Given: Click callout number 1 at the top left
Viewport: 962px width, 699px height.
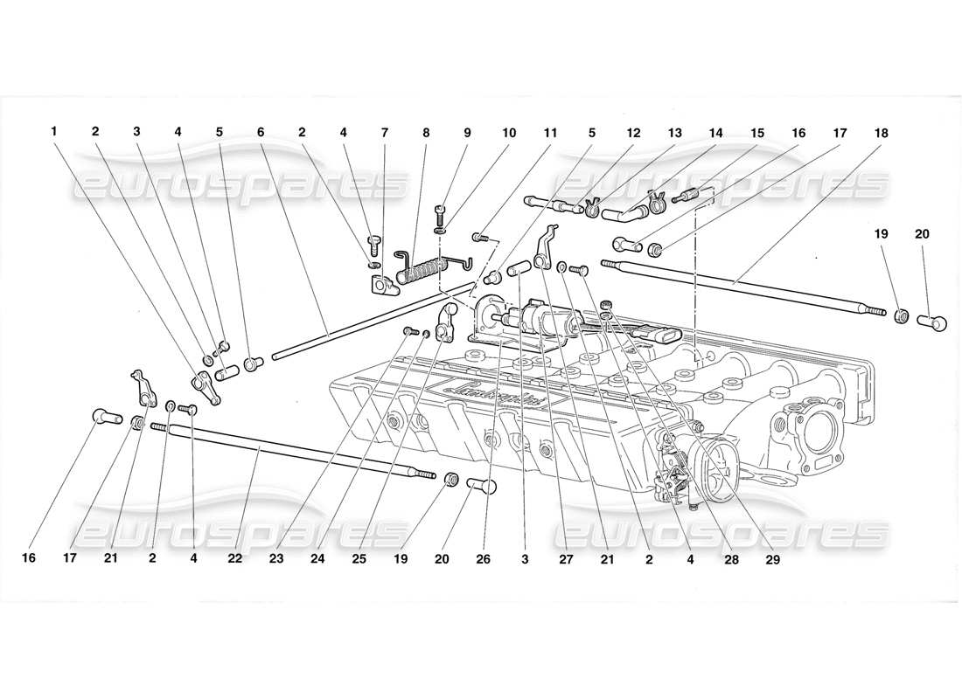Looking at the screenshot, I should pos(54,133).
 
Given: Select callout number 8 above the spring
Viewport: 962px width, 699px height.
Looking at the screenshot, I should pos(426,133).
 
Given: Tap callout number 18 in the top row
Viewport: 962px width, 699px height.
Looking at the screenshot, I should pos(881,133).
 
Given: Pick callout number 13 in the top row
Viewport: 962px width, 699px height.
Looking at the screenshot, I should pos(674,133).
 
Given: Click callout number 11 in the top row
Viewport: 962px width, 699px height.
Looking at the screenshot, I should pos(550,133).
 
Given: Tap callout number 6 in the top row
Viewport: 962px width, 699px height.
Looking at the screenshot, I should pos(261,133).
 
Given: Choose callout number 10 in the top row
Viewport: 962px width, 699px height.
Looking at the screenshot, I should pos(509,133).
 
